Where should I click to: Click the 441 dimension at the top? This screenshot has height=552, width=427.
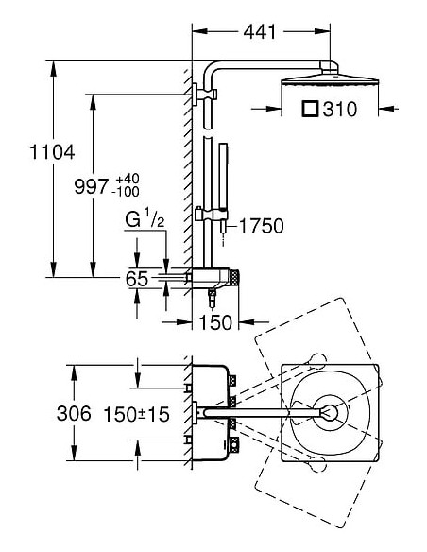pyautogui.click(x=260, y=32)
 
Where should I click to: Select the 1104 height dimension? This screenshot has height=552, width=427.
pyautogui.click(x=52, y=152)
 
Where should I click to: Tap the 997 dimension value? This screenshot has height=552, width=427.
pyautogui.click(x=91, y=186)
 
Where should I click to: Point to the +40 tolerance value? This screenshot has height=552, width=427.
pyautogui.click(x=126, y=179)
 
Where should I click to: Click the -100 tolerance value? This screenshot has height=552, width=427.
pyautogui.click(x=126, y=192)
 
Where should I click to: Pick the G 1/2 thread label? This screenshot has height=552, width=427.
pyautogui.click(x=145, y=219)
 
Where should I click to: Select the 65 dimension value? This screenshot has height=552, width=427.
pyautogui.click(x=137, y=279)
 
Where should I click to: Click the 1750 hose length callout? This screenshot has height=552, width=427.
pyautogui.click(x=262, y=226)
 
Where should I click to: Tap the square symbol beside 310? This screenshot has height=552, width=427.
pyautogui.click(x=310, y=109)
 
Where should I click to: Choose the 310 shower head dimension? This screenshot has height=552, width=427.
pyautogui.click(x=340, y=109)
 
